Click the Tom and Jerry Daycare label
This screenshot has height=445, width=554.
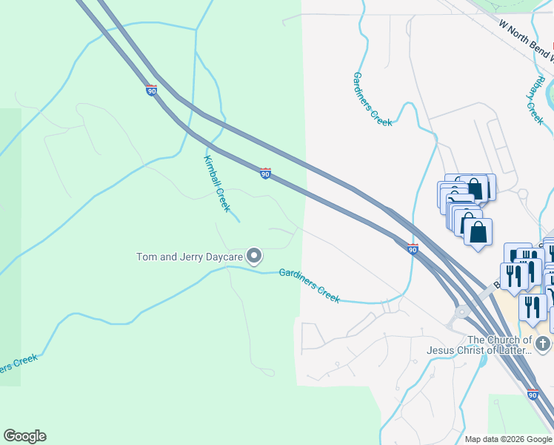pos(190,257)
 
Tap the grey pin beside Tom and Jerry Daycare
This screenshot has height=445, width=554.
pos(254,257)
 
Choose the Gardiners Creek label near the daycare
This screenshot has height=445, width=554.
pos(310,285)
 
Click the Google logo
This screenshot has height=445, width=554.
pos(24,436)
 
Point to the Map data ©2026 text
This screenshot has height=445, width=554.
pos(507,439)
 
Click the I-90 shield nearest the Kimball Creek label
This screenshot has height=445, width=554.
pos(265,174)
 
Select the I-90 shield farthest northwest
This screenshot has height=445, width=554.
pos(151,90)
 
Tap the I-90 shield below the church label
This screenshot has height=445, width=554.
pos(533,395)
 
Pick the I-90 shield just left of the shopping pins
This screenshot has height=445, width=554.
pos(413,249)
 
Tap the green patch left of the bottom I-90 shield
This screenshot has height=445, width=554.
pos(504,412)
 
